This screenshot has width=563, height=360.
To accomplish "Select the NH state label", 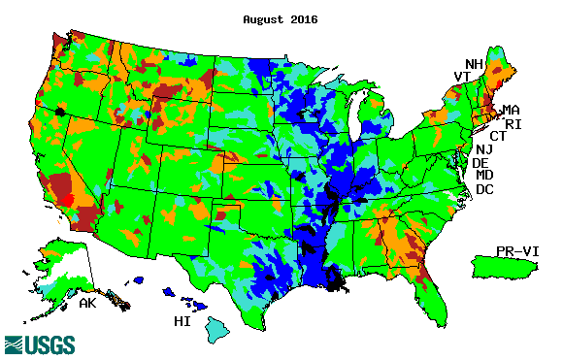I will pyautogui.click(x=474, y=64).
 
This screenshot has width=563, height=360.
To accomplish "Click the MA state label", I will pyautogui.click(x=511, y=111).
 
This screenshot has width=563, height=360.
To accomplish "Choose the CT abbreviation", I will pyautogui.click(x=498, y=136).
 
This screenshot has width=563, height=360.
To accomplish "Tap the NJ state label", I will pyautogui.click(x=484, y=149).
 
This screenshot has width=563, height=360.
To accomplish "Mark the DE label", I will pyautogui.click(x=480, y=163).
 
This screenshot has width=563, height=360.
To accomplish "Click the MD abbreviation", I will pyautogui.click(x=484, y=176).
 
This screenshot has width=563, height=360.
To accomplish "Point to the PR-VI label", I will pyautogui.click(x=516, y=250).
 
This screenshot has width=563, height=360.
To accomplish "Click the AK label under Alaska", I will pyautogui.click(x=87, y=304).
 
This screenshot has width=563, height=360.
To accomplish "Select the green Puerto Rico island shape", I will pyautogui.click(x=503, y=264).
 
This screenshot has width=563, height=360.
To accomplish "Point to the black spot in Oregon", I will pyautogui.click(x=60, y=112).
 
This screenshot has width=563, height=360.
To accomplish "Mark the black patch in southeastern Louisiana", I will pyautogui.click(x=337, y=280).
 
